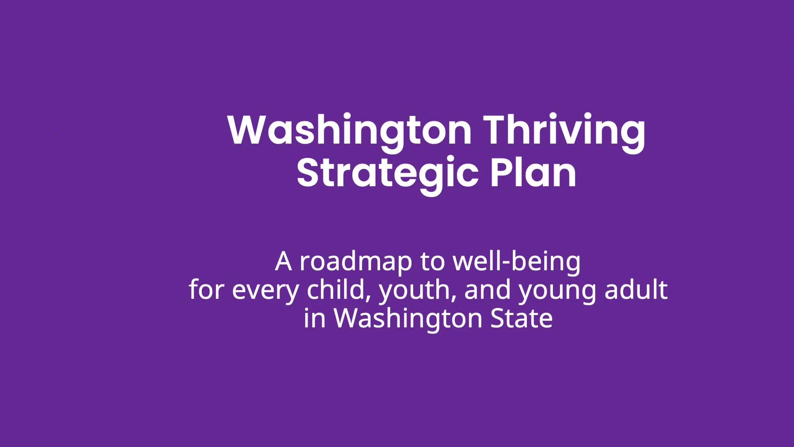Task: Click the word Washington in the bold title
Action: pos(349,131)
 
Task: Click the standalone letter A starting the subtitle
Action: pos(283,262)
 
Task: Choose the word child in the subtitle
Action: pos(336,289)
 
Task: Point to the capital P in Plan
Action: pos(500,173)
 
